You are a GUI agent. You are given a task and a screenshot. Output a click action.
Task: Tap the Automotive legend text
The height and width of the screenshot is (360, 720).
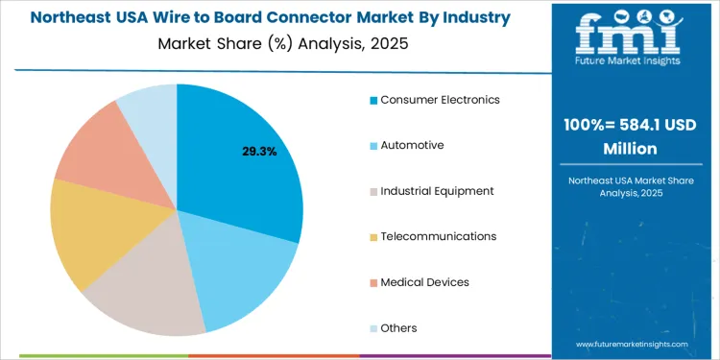click(412, 145)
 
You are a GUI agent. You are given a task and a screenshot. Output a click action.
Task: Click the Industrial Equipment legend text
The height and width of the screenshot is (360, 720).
click(437, 191)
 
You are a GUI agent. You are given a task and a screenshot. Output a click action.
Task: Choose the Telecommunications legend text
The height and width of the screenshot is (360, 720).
click(438, 236)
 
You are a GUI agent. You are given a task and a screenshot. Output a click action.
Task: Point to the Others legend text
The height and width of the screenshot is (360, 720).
click(398, 328)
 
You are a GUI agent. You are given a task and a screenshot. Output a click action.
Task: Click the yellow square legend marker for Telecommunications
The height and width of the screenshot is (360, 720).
click(373, 237)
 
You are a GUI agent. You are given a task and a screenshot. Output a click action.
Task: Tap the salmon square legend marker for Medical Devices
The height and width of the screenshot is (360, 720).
click(373, 283)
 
